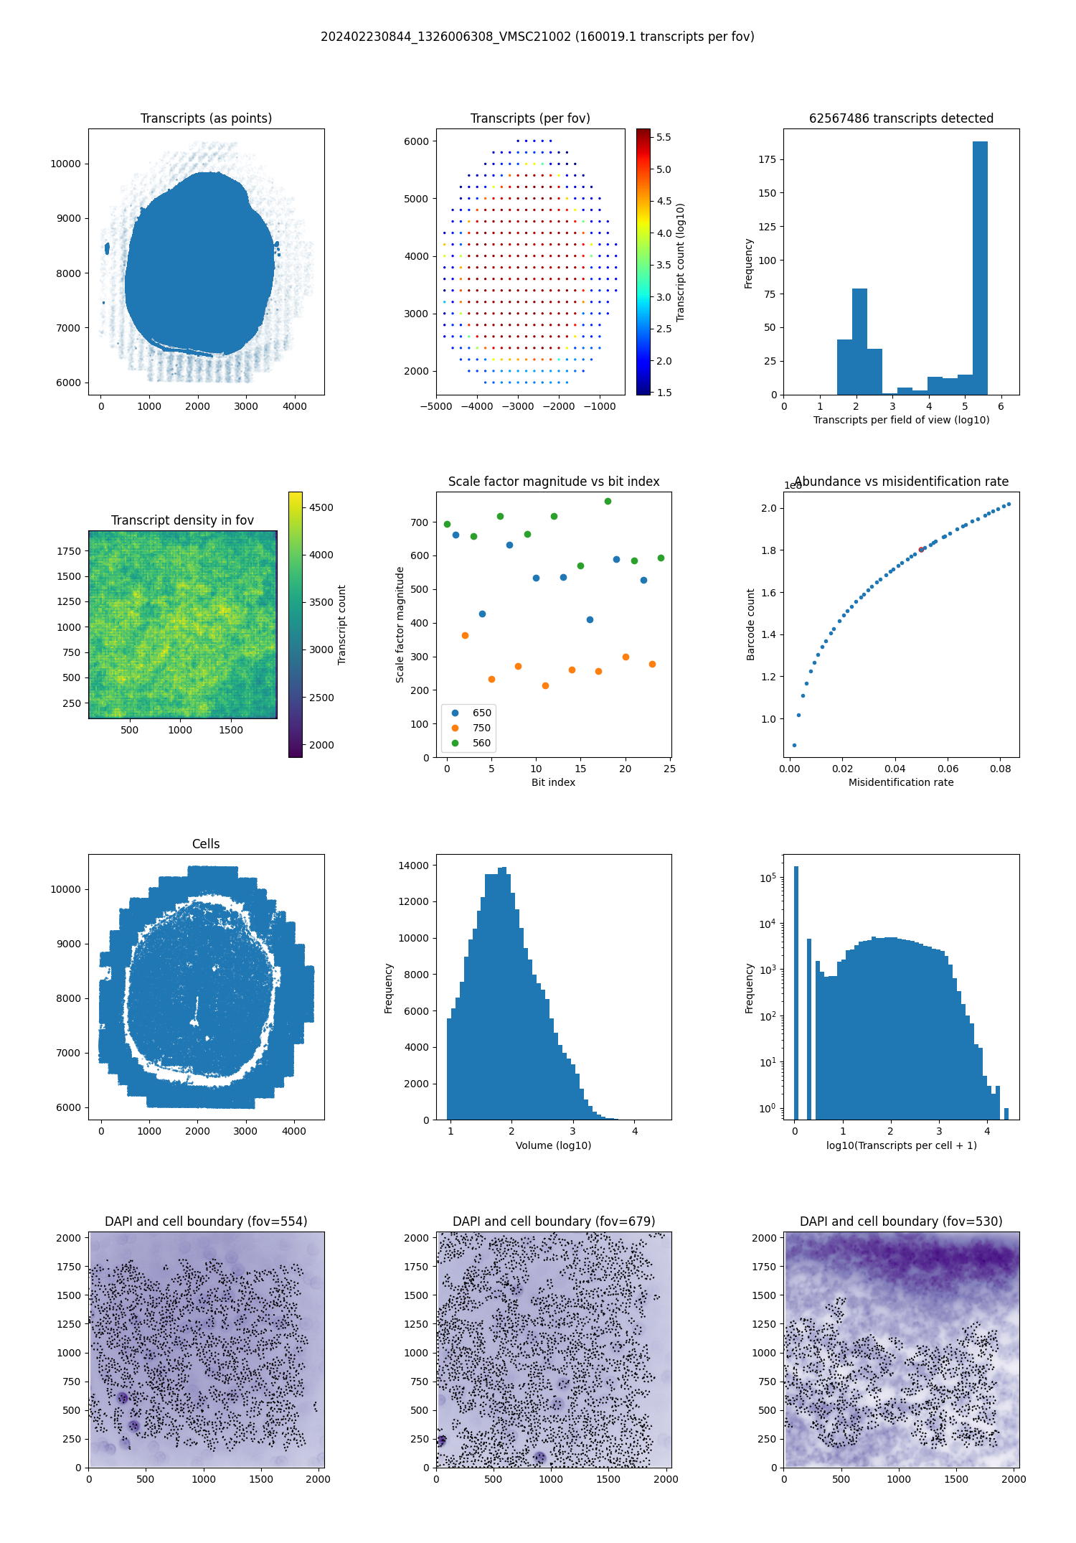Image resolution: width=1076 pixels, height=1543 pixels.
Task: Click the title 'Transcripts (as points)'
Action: [206, 118]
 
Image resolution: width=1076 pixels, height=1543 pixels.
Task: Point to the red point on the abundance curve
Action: [921, 550]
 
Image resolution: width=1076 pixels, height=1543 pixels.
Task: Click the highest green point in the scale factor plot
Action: [608, 501]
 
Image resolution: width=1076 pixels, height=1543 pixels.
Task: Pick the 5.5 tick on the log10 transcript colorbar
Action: [664, 137]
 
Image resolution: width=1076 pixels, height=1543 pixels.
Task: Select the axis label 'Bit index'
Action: [553, 782]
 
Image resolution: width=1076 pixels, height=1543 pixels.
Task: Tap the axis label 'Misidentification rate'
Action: [901, 782]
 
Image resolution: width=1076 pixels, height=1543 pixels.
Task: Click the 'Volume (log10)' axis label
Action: [553, 1145]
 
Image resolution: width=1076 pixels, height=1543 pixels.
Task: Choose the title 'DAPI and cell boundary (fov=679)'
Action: [553, 1221]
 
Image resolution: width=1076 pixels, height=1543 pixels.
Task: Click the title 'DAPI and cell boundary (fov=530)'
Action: [901, 1221]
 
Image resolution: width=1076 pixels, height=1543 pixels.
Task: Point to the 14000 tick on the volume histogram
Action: [414, 866]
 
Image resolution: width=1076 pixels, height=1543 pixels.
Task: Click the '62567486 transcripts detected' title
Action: [901, 118]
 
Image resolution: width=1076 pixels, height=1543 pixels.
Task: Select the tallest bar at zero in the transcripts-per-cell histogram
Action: [796, 990]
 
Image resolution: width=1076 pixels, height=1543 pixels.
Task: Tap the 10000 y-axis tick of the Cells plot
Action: [65, 889]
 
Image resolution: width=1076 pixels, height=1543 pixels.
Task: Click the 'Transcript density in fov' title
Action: [182, 520]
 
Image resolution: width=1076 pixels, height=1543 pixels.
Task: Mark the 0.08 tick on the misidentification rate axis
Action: [1000, 769]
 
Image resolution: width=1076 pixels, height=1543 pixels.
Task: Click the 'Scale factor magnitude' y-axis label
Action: [400, 624]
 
